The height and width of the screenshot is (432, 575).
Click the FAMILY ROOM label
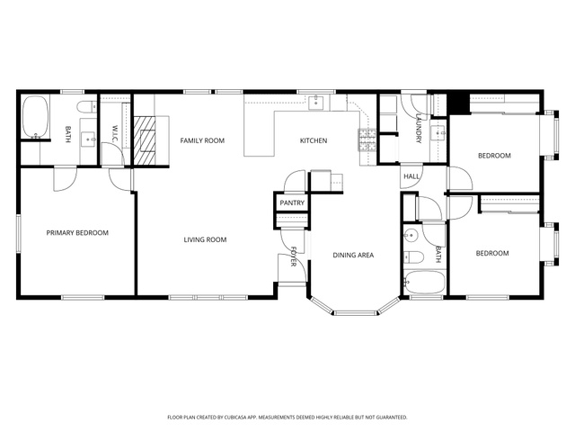click(x=202, y=140)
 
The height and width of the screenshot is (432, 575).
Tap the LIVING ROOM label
click(x=205, y=240)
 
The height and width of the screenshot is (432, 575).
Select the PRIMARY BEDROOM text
click(x=77, y=233)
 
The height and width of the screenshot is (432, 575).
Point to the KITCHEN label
click(x=314, y=140)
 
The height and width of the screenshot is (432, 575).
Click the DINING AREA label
click(x=353, y=255)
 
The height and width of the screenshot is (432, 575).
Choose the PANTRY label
click(x=292, y=202)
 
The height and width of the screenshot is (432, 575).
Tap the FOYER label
click(x=294, y=256)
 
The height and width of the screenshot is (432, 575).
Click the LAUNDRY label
click(x=419, y=128)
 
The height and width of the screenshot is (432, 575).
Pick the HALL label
click(x=411, y=176)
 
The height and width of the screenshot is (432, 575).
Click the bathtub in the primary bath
click(x=35, y=117)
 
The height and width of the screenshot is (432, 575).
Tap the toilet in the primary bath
click(x=86, y=107)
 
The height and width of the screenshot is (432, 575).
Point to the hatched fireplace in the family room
click(x=144, y=140)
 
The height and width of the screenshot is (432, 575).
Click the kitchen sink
click(x=315, y=103)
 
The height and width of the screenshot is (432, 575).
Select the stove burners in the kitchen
click(x=367, y=140)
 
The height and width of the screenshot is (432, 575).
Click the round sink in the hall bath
click(x=411, y=234)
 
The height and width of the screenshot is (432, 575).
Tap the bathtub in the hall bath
click(x=425, y=282)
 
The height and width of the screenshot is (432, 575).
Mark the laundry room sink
click(x=438, y=131)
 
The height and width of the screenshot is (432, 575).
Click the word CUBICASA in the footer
click(x=240, y=418)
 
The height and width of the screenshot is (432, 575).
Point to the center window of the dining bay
click(x=355, y=313)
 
